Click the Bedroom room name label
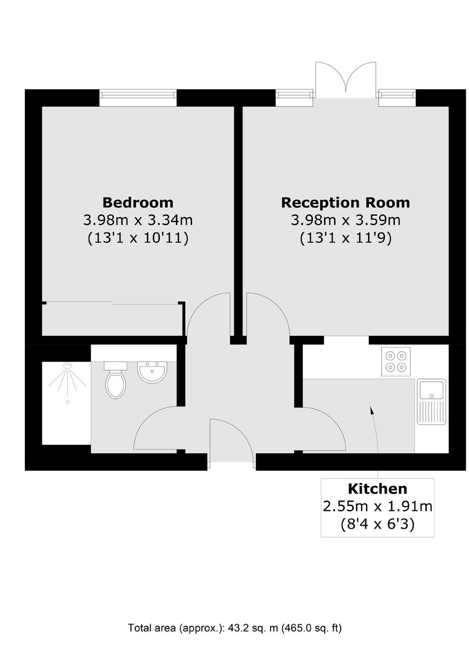click(x=138, y=203)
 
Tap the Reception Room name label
click(x=345, y=203)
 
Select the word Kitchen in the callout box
click(x=377, y=489)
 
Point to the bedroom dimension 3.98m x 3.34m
click(x=138, y=220)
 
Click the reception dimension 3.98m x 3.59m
click(x=346, y=220)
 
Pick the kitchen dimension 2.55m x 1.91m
click(x=377, y=506)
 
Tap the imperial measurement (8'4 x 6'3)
click(x=377, y=524)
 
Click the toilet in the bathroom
click(x=115, y=379)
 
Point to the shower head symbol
click(x=67, y=366)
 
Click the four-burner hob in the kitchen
click(x=396, y=361)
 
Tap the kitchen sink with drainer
click(x=432, y=401)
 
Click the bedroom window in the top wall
click(x=138, y=98)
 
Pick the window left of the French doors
click(x=294, y=98)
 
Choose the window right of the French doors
click(x=397, y=98)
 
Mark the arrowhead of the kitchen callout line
click(x=371, y=410)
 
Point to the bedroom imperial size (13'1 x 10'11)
click(x=138, y=238)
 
